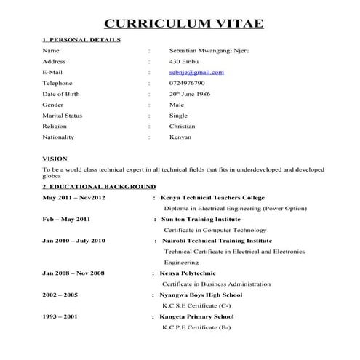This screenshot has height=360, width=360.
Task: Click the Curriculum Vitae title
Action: pyautogui.click(x=183, y=23)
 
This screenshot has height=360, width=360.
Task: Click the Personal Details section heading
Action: pyautogui.click(x=81, y=39)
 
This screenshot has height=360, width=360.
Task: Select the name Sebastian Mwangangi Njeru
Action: pyautogui.click(x=208, y=51)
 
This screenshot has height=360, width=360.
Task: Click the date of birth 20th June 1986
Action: pyautogui.click(x=190, y=94)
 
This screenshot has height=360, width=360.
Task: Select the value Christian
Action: pyautogui.click(x=183, y=126)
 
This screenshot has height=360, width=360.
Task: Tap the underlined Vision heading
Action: pyautogui.click(x=56, y=158)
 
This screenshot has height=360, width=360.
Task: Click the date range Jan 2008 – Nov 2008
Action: pyautogui.click(x=73, y=273)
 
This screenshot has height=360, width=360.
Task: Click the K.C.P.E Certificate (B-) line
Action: pyautogui.click(x=196, y=327)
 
